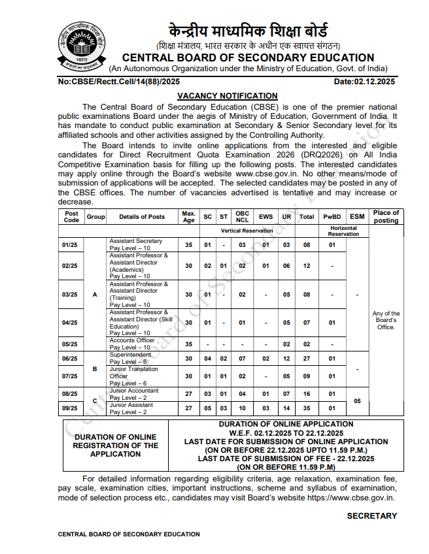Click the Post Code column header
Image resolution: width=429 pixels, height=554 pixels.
[x=72, y=216]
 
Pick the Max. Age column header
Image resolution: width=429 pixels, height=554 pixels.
[x=189, y=216]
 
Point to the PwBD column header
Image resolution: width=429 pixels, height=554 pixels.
[x=332, y=216]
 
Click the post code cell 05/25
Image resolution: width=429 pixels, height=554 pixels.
[x=69, y=344]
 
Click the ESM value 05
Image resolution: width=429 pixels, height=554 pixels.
[x=357, y=401]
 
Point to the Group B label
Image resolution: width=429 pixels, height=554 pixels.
[x=95, y=368]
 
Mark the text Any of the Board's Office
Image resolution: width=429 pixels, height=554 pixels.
[x=386, y=320]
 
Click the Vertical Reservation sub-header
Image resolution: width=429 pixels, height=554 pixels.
[x=247, y=231]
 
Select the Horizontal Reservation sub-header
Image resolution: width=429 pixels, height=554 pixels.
[x=343, y=231]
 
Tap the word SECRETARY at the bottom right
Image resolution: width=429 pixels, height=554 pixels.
[x=371, y=515]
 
